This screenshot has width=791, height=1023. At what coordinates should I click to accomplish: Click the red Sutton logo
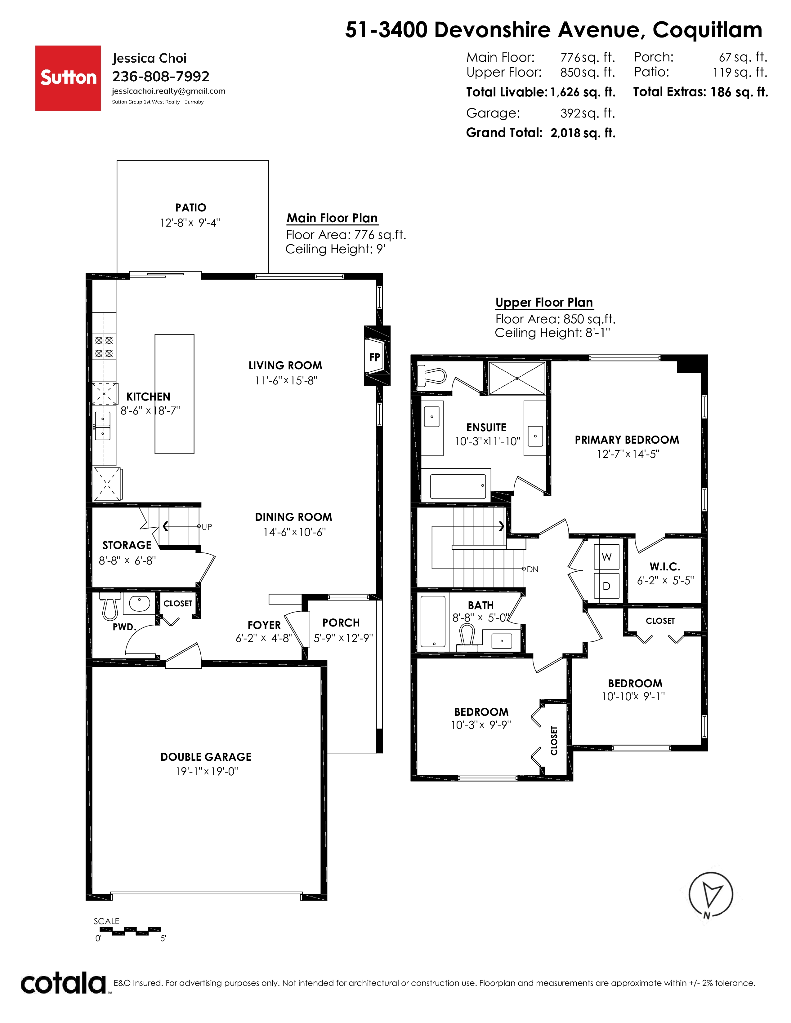click(x=68, y=78)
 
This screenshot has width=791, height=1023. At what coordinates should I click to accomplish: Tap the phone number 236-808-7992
click(x=161, y=76)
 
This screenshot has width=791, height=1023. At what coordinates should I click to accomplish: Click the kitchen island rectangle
click(x=174, y=394)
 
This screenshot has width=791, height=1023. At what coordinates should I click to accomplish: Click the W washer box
click(x=606, y=557)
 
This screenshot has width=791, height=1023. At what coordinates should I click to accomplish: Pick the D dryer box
click(x=606, y=586)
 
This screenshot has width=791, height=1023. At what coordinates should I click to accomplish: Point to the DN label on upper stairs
click(x=532, y=569)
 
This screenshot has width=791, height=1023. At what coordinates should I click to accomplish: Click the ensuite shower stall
click(x=517, y=378)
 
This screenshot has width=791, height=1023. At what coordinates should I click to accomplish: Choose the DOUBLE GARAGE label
click(x=206, y=757)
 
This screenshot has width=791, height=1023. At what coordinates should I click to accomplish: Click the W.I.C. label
click(x=664, y=566)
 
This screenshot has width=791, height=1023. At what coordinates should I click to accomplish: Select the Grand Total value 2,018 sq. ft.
click(x=583, y=133)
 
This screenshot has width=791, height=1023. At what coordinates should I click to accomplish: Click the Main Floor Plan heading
click(x=332, y=218)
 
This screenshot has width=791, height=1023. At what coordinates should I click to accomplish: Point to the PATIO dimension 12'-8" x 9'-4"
click(x=190, y=223)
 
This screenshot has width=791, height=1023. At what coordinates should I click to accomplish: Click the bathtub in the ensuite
click(x=458, y=486)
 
